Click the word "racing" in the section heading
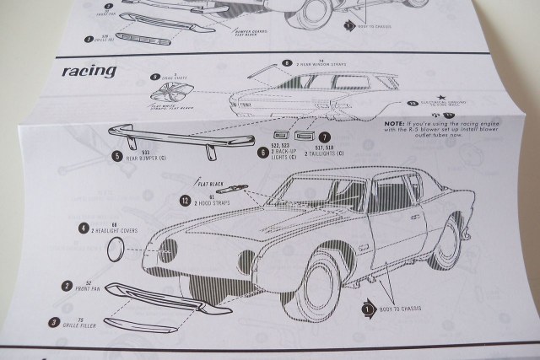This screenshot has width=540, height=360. click(89, 71)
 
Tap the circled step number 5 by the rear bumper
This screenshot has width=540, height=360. click(118, 156)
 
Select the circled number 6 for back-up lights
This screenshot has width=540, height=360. click(264, 151)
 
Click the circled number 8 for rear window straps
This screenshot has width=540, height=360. click(287, 63)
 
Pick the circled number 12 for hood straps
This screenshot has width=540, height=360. click(184, 200)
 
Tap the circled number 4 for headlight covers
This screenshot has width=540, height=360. click(84, 228)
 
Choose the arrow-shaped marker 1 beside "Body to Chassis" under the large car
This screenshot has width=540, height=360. click(369, 309)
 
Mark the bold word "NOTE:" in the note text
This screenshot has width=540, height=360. click(395, 123)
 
